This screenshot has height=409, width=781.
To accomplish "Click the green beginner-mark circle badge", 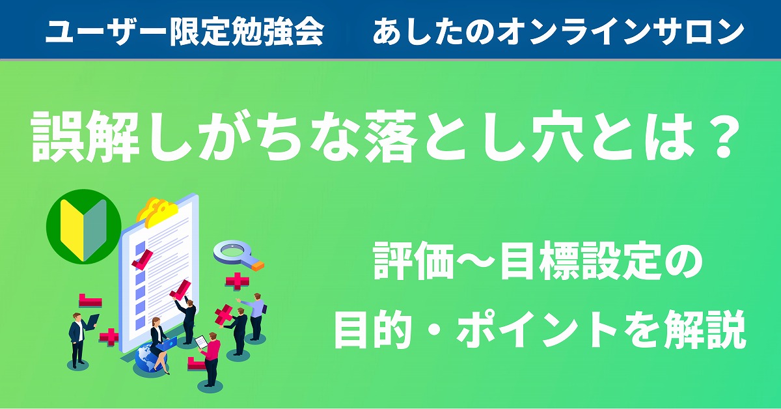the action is click(84, 227).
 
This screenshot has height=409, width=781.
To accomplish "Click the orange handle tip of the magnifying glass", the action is click(258, 266).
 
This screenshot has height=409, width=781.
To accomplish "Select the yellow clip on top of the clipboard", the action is click(157, 212).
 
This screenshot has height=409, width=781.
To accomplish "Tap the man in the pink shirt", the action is click(210, 359).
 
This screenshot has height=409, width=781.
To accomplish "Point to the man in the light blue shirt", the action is click(254, 316).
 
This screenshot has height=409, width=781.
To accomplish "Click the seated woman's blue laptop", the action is click(167, 344).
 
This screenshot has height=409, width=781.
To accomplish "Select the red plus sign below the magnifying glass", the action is click(238, 281).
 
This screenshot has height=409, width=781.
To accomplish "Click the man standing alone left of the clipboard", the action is click(80, 339).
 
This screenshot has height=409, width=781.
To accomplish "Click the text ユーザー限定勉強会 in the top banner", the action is click(185, 32).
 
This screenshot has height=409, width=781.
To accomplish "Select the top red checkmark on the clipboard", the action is click(143, 259).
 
